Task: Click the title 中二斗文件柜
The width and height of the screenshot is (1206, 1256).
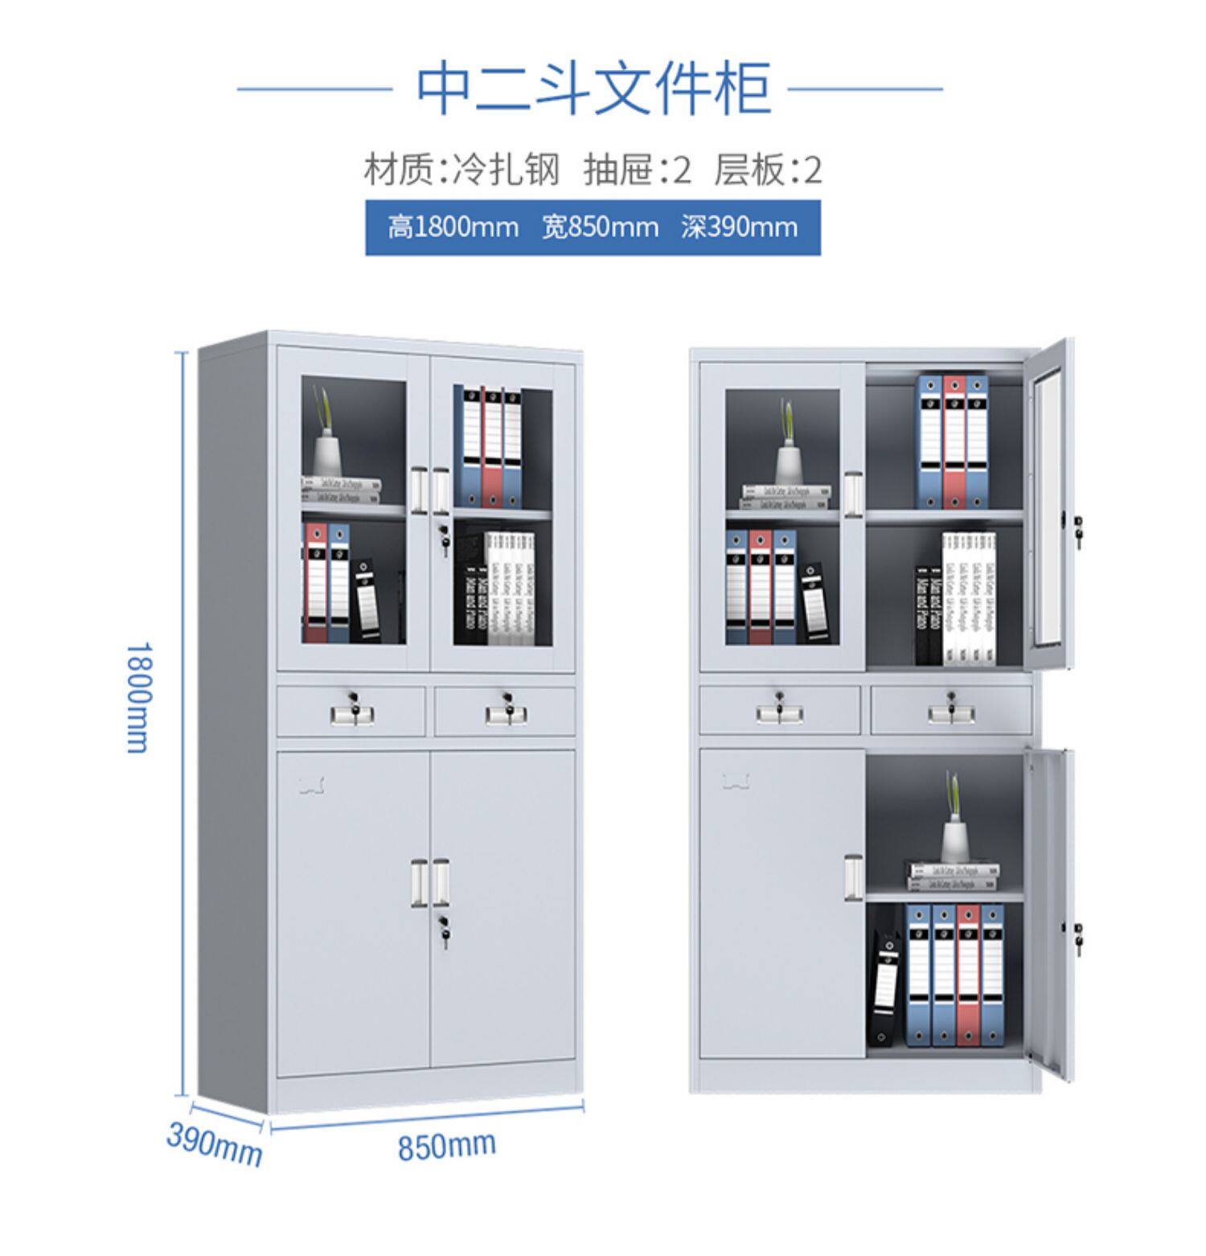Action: tap(593, 88)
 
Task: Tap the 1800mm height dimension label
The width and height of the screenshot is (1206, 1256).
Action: tap(137, 696)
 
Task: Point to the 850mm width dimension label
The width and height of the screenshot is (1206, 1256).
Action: tap(446, 1145)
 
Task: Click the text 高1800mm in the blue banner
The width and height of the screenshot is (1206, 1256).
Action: tap(453, 228)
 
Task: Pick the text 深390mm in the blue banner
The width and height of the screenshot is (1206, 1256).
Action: tap(738, 228)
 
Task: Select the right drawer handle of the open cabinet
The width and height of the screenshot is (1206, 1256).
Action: tap(951, 713)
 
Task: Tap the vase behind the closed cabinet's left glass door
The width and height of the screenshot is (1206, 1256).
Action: tap(328, 454)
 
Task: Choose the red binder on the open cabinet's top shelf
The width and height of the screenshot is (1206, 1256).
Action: tap(954, 441)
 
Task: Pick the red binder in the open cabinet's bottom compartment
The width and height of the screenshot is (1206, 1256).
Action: tap(968, 975)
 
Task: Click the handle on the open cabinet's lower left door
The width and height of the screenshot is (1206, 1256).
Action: tap(853, 877)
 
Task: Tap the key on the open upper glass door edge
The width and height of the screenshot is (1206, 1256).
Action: tap(1078, 531)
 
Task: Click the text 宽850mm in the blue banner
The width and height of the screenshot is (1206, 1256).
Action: tap(600, 228)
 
